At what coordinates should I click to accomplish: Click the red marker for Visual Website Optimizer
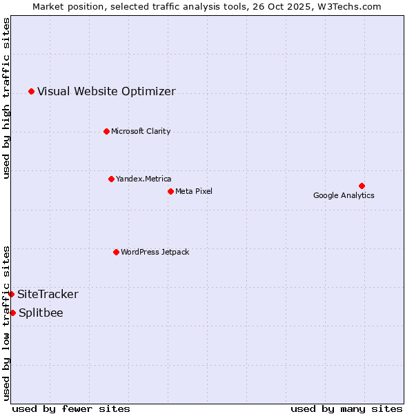(x=31, y=91)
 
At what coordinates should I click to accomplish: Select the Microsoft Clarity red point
(x=106, y=131)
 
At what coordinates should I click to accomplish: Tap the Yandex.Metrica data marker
(x=111, y=179)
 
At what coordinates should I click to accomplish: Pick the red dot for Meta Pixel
(x=170, y=191)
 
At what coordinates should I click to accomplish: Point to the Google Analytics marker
(x=362, y=186)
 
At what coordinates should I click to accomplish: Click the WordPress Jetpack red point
(x=116, y=252)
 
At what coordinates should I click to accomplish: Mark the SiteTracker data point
(x=11, y=294)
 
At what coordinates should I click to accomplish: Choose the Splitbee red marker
(x=12, y=313)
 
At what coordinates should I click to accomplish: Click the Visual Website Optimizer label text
(x=106, y=91)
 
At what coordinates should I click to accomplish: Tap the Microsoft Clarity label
(x=141, y=131)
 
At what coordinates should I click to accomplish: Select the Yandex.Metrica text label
(x=144, y=179)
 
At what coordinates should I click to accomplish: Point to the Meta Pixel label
(x=194, y=191)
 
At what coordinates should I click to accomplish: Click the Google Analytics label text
(x=344, y=195)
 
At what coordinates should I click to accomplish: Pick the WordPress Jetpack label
(x=155, y=252)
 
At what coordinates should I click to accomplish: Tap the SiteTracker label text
(x=48, y=295)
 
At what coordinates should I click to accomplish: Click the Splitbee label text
(x=41, y=313)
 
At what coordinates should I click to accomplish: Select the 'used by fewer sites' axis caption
(x=71, y=408)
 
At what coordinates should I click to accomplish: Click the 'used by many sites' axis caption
(x=346, y=408)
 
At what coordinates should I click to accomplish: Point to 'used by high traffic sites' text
(x=6, y=98)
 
